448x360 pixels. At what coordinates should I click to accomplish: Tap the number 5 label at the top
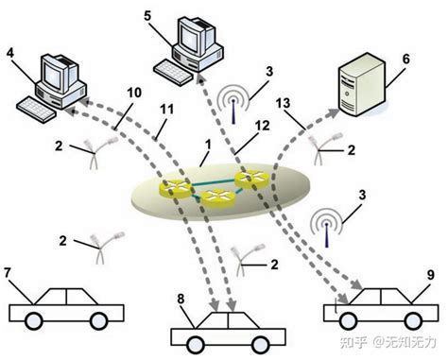(148, 15)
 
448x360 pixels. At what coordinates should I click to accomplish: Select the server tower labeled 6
(360, 82)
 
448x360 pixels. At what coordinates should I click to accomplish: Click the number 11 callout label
(167, 111)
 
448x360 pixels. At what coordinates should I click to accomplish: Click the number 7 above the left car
(9, 273)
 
